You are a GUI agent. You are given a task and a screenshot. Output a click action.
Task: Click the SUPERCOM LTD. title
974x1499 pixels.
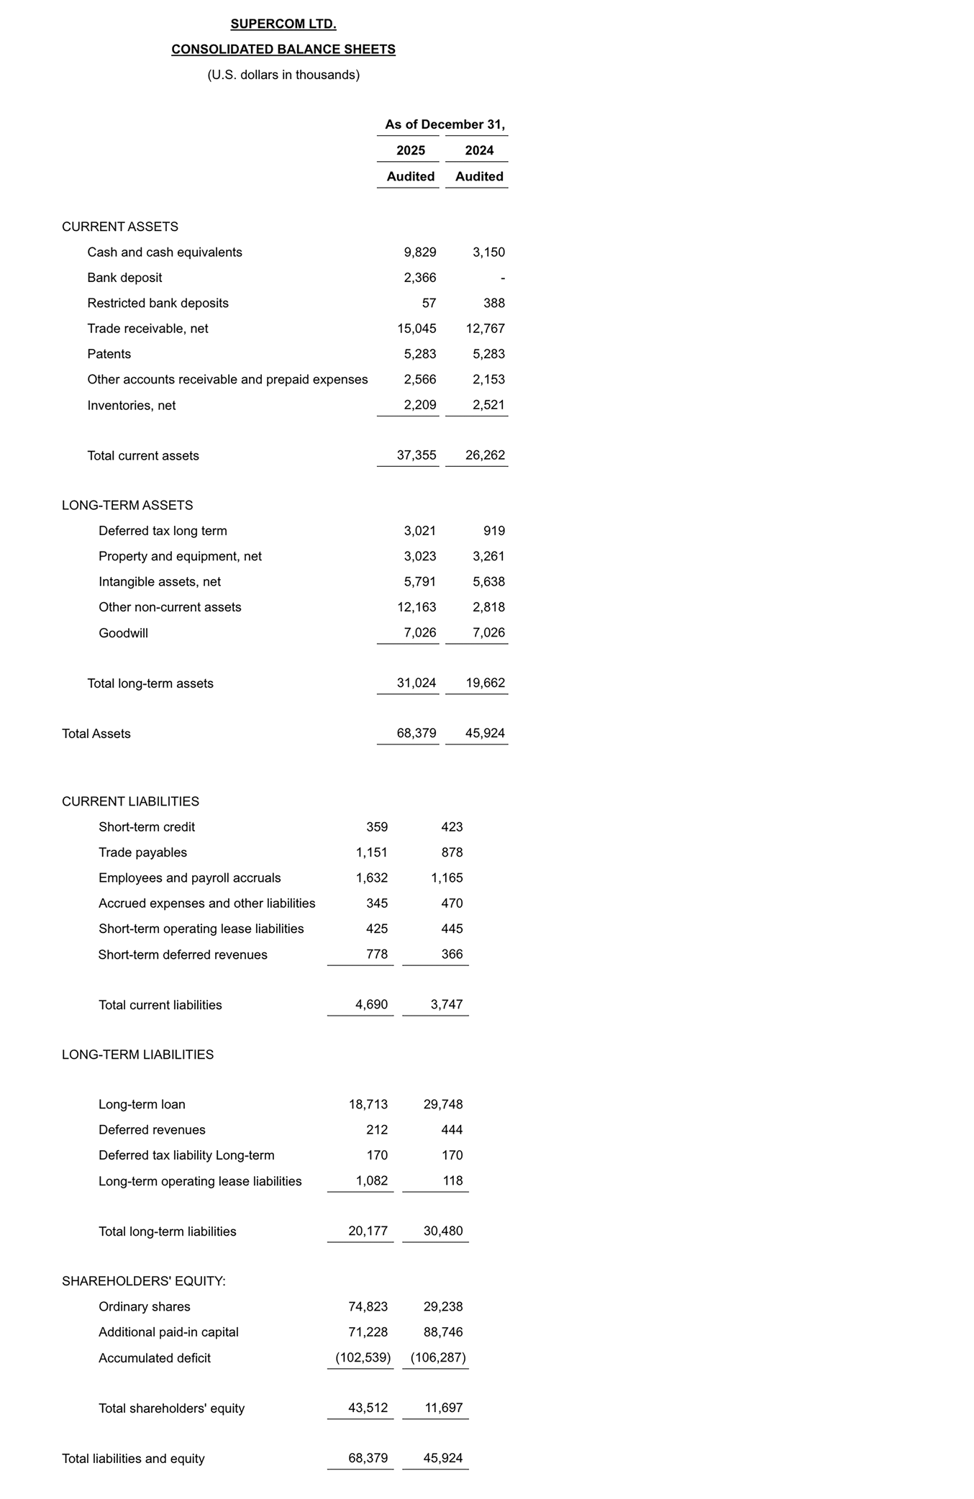(x=283, y=24)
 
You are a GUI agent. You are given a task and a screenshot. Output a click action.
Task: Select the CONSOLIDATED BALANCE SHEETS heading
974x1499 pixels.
(x=283, y=50)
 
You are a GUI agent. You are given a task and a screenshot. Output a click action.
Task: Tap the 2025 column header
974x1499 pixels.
(x=410, y=150)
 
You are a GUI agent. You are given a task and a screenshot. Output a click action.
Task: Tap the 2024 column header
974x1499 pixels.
(x=479, y=150)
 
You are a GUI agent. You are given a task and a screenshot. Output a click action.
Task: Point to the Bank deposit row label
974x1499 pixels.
(x=124, y=278)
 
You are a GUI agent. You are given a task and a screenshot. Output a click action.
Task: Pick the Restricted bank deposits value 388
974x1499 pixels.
(x=493, y=304)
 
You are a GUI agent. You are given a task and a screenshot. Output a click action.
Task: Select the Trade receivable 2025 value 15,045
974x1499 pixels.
(x=417, y=329)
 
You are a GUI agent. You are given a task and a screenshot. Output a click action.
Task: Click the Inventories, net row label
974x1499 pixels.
(x=131, y=406)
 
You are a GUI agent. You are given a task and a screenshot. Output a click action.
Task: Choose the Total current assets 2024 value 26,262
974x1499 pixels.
(x=485, y=455)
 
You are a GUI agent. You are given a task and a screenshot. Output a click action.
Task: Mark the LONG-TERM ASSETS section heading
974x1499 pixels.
(x=127, y=506)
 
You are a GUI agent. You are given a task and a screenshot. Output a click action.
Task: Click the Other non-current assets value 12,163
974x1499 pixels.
(x=417, y=607)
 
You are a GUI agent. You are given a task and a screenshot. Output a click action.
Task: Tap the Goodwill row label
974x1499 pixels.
(x=123, y=633)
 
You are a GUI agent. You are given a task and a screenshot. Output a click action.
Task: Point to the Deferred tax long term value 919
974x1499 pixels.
(x=493, y=531)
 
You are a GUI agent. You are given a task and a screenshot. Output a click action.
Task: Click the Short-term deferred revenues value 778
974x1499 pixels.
(x=376, y=954)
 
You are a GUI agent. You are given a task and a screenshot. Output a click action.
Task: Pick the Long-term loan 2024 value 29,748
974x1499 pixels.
(x=443, y=1104)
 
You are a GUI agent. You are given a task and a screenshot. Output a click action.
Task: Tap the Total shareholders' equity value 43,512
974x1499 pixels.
(x=368, y=1408)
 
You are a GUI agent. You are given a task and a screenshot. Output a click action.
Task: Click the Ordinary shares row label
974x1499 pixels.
(x=144, y=1306)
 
